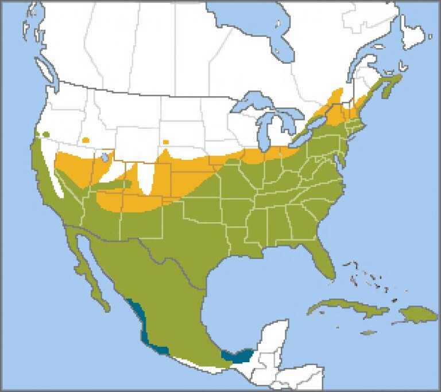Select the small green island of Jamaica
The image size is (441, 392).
click(x=368, y=332)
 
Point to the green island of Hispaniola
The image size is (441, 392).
click(x=415, y=313)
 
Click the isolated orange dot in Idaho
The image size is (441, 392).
click(x=86, y=140)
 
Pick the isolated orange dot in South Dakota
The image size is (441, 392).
click(x=166, y=142)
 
